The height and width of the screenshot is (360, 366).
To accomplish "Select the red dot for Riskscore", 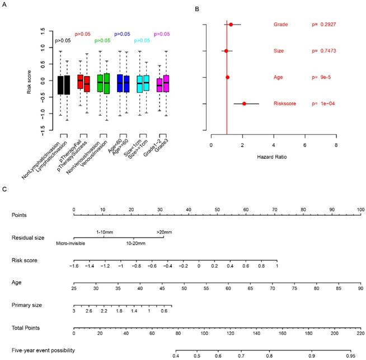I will (244, 103).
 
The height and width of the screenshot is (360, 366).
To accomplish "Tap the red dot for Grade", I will (231, 25).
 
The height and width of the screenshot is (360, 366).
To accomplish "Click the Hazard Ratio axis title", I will (273, 157).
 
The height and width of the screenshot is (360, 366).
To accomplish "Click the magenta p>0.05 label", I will (163, 34).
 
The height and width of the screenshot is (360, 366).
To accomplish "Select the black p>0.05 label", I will (62, 41).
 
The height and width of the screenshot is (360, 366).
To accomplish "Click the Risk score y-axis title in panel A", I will (29, 80).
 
